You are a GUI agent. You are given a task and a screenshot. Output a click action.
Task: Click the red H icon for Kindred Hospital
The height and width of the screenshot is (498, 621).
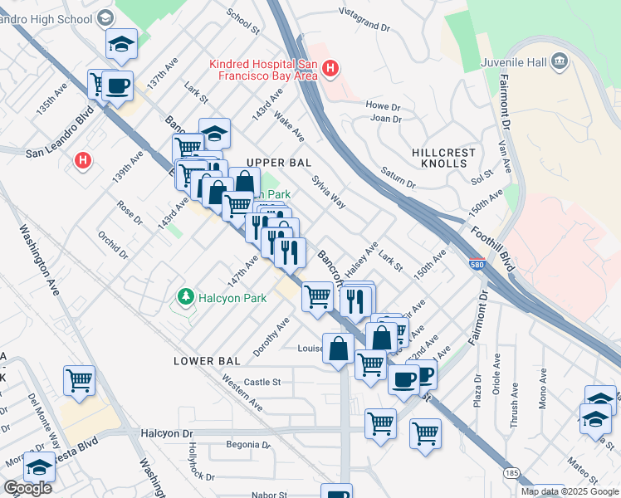(330, 68)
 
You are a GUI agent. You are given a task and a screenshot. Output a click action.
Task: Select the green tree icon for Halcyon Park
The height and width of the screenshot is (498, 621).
(185, 297)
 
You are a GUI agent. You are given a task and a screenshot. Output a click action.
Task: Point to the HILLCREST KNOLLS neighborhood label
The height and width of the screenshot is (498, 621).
(444, 159)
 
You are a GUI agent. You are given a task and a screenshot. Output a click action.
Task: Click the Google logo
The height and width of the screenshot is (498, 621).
(27, 488)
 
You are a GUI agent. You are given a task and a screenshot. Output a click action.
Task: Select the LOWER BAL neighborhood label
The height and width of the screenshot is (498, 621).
(207, 361)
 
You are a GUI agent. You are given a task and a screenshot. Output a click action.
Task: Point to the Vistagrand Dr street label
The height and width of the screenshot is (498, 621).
(364, 20)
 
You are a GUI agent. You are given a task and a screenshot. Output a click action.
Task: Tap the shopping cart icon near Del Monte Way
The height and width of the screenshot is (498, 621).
(80, 380)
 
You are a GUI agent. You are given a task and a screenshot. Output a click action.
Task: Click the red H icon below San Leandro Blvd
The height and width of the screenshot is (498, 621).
(84, 159)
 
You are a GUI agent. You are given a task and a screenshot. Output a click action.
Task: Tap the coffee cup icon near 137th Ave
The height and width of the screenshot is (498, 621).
(118, 85)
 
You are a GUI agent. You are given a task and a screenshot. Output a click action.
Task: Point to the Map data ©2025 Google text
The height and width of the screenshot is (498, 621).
(570, 491)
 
